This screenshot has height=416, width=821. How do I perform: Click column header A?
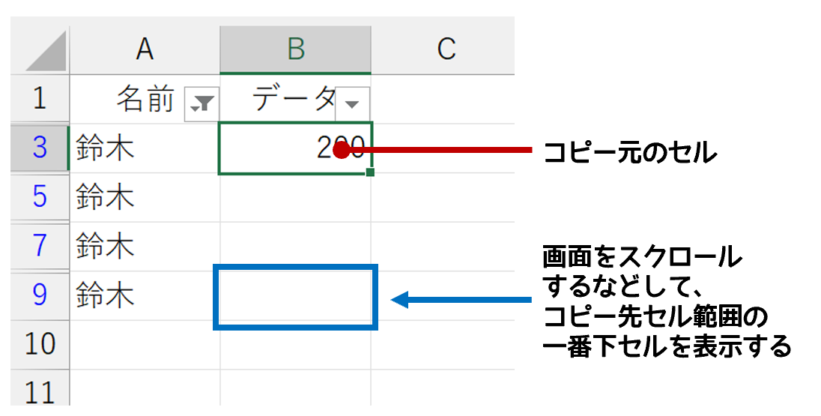click(145, 49)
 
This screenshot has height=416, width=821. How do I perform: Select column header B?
click(296, 49)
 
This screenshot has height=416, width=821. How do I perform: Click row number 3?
click(40, 148)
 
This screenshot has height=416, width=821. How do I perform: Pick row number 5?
click(40, 197)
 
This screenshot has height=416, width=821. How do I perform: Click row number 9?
click(40, 295)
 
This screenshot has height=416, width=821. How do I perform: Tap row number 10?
click(40, 344)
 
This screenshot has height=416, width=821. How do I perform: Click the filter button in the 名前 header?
click(202, 103)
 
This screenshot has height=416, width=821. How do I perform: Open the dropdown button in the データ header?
click(352, 103)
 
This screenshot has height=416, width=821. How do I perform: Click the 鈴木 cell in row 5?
click(105, 197)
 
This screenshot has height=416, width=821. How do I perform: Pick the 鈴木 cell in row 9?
click(105, 295)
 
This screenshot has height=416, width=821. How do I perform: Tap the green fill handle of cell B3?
click(371, 172)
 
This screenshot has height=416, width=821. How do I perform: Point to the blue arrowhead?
click(399, 301)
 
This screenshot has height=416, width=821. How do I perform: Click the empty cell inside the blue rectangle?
click(296, 297)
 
